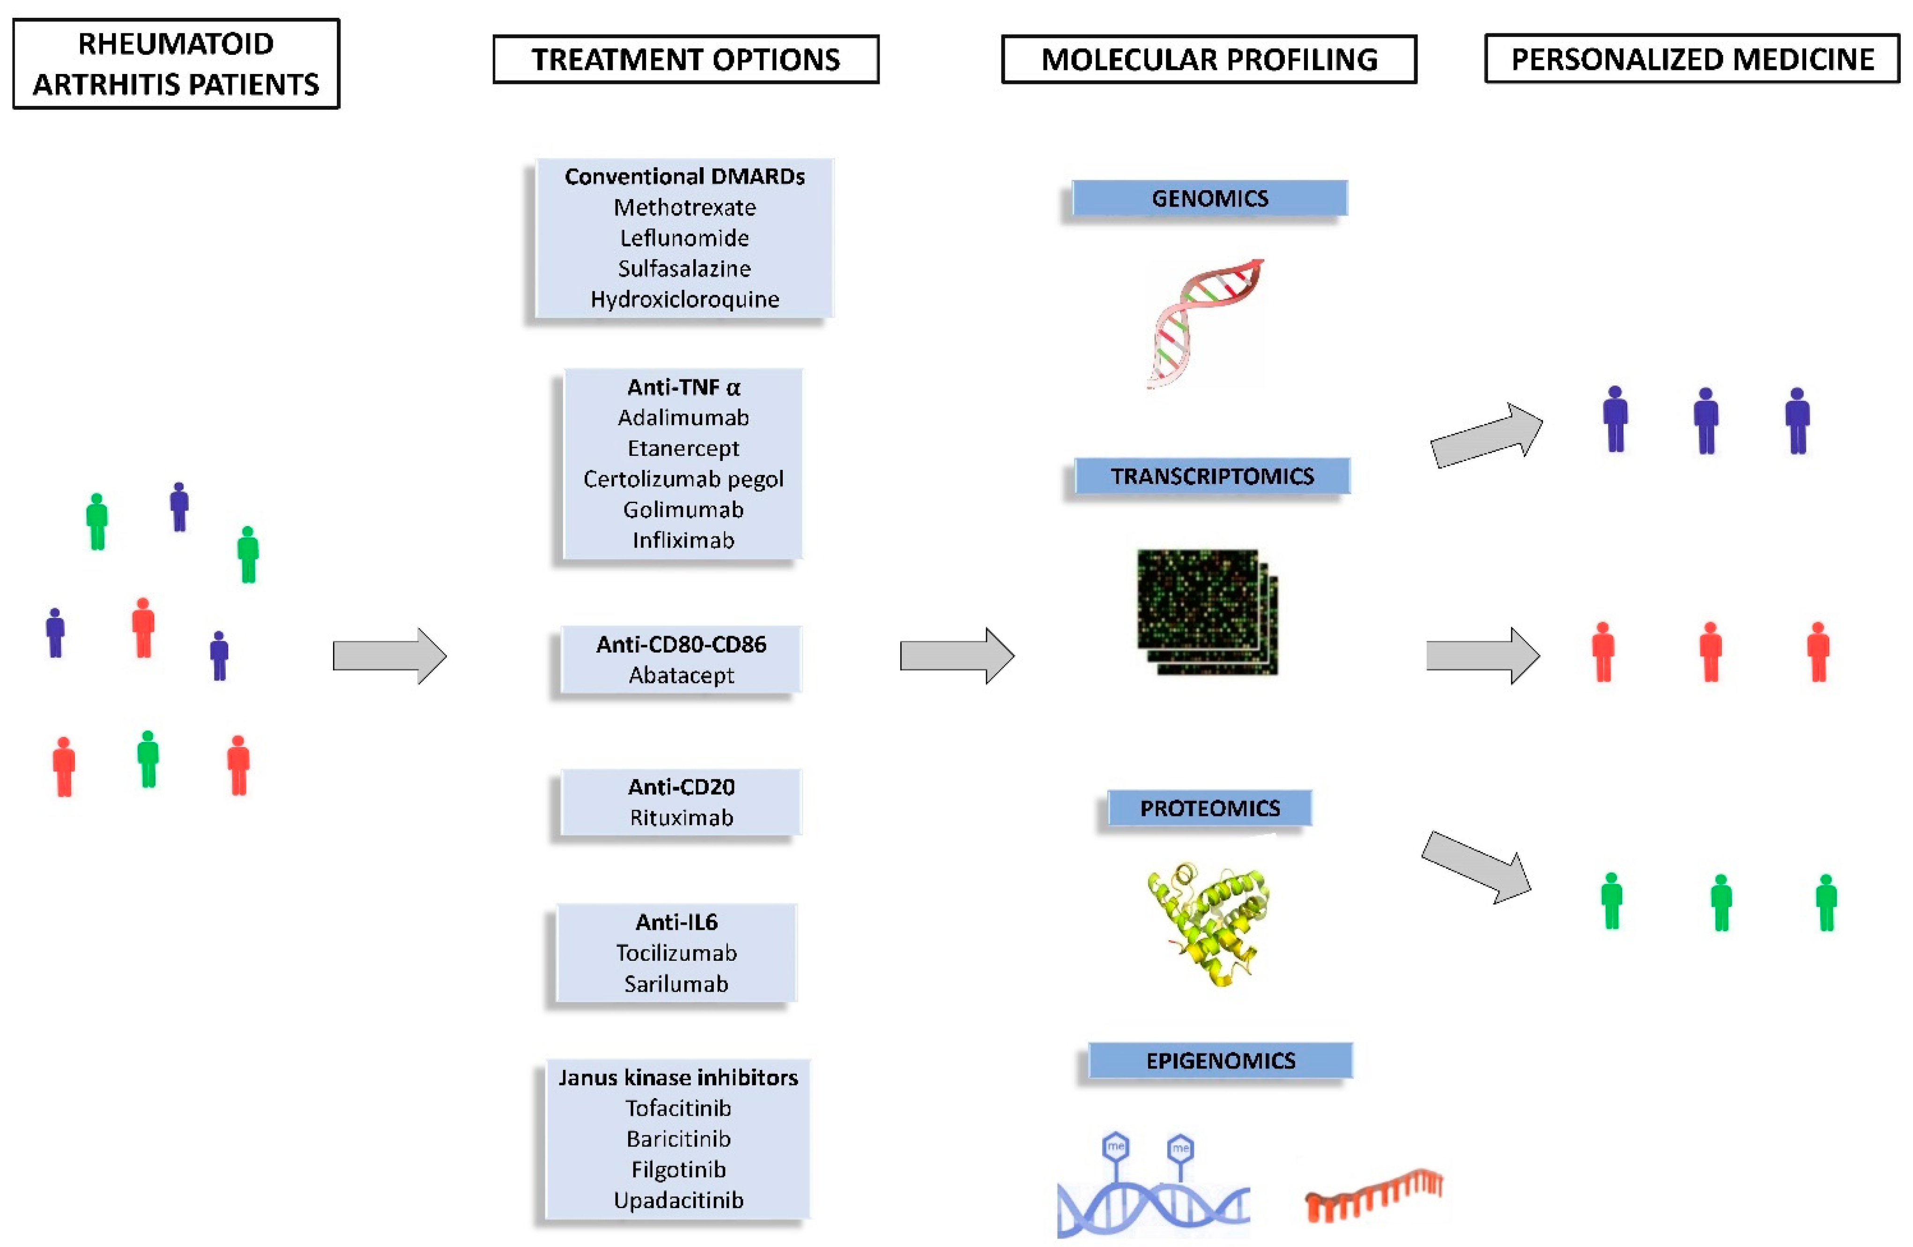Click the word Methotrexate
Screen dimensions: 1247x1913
coord(684,208)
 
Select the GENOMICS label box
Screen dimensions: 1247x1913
coord(1210,198)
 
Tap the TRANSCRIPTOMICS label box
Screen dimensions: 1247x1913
coord(1212,476)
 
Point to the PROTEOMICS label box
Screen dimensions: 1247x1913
coord(1210,808)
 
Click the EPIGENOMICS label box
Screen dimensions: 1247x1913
coord(1220,1061)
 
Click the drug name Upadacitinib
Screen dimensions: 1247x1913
coord(678,1200)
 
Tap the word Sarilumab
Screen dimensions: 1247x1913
coord(676,984)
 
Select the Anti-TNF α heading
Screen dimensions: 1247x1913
coord(683,387)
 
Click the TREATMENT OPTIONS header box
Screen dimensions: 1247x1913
coord(686,59)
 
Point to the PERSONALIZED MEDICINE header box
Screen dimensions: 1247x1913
coord(1692,59)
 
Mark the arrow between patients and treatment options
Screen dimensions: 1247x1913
coord(389,656)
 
